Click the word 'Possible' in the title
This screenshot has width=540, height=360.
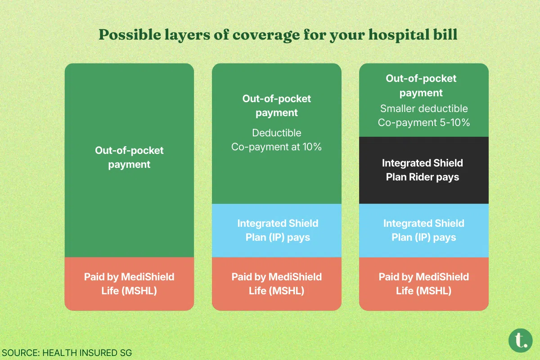(x=130, y=35)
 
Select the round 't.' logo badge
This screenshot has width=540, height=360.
(x=521, y=341)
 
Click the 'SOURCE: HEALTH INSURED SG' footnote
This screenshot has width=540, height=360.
(x=67, y=353)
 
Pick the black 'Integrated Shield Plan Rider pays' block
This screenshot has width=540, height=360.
(x=424, y=170)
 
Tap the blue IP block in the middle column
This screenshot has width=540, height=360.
(x=276, y=230)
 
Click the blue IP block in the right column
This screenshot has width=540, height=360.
(x=424, y=230)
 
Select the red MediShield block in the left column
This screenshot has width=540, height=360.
(x=129, y=284)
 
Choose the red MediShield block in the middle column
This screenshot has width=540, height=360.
(x=276, y=284)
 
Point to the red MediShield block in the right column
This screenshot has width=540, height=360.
(x=424, y=284)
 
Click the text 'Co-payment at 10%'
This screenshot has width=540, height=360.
(x=276, y=147)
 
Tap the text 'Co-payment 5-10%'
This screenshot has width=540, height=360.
(x=424, y=122)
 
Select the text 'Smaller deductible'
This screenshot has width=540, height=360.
(x=424, y=108)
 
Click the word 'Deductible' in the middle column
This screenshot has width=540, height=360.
(x=276, y=133)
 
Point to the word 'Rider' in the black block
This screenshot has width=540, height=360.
(x=421, y=177)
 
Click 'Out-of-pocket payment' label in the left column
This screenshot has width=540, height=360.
(x=129, y=157)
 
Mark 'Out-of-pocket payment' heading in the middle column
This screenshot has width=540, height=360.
(x=276, y=106)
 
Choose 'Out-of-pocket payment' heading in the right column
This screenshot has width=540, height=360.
(x=421, y=85)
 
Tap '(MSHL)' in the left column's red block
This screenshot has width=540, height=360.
(x=139, y=291)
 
